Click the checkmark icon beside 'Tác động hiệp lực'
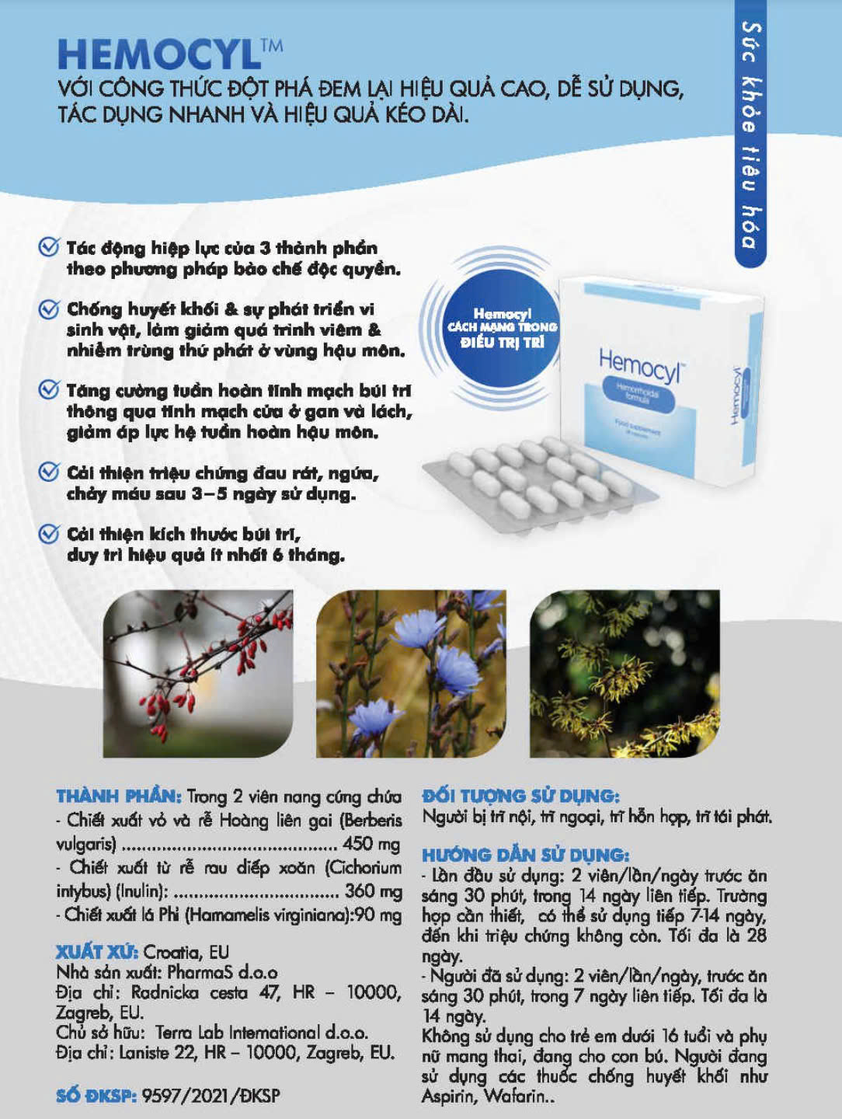pyautogui.click(x=49, y=247)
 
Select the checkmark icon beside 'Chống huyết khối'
pyautogui.click(x=49, y=309)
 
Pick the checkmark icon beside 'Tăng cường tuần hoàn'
pyautogui.click(x=49, y=390)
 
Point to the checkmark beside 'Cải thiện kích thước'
pyautogui.click(x=49, y=534)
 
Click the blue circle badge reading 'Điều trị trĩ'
pyautogui.click(x=502, y=329)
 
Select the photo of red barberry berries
pyautogui.click(x=197, y=674)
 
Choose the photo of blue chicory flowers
pyautogui.click(x=411, y=674)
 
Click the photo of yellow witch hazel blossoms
pyautogui.click(x=625, y=674)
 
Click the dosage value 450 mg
pyautogui.click(x=371, y=844)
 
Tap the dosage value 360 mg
pyautogui.click(x=374, y=891)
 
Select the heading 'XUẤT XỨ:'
pyautogui.click(x=97, y=952)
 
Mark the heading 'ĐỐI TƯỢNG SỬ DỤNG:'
pyautogui.click(x=520, y=796)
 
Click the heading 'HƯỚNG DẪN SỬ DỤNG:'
pyautogui.click(x=526, y=855)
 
